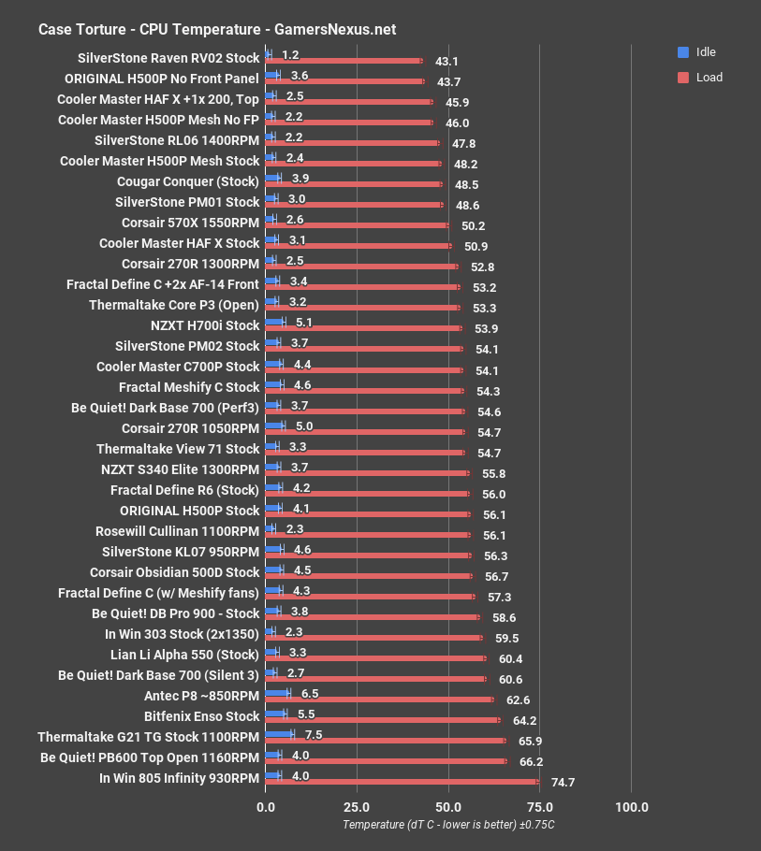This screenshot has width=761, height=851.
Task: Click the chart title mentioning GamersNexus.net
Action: (216, 29)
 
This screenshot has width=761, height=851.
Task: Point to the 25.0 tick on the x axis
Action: (357, 807)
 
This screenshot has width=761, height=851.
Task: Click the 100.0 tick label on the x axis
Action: (631, 807)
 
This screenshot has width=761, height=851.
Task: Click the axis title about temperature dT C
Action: (448, 825)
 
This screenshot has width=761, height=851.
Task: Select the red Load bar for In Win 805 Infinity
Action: (402, 782)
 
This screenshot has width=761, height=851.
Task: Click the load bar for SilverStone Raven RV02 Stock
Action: (344, 61)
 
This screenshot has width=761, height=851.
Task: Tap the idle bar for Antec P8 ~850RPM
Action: (278, 693)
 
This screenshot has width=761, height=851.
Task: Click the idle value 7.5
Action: (314, 734)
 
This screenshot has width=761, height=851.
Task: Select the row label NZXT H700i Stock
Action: (204, 325)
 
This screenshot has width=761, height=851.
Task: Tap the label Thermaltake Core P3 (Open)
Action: (174, 305)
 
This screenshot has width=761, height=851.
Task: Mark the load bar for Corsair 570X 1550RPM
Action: (358, 225)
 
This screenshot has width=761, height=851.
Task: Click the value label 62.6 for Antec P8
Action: (518, 700)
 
